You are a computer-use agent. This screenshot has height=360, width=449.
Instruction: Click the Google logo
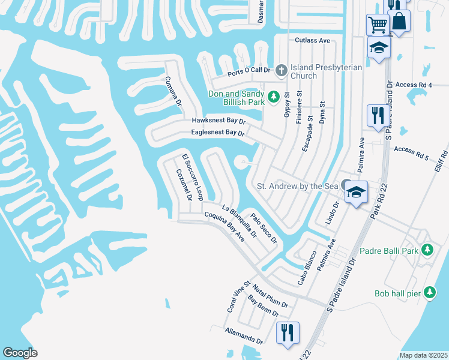20,353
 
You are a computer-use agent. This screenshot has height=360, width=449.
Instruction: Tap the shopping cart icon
378,25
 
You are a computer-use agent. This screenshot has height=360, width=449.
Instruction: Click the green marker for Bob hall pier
429,292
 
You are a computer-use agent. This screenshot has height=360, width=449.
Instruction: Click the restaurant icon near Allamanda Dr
288,332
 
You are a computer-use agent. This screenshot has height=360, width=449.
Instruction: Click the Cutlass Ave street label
313,40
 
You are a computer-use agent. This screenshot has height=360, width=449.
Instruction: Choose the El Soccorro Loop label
194,178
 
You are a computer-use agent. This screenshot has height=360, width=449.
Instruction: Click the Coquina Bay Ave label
224,226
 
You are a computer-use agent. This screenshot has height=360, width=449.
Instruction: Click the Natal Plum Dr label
270,297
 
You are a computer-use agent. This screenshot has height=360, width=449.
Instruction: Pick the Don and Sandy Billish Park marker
274,96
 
